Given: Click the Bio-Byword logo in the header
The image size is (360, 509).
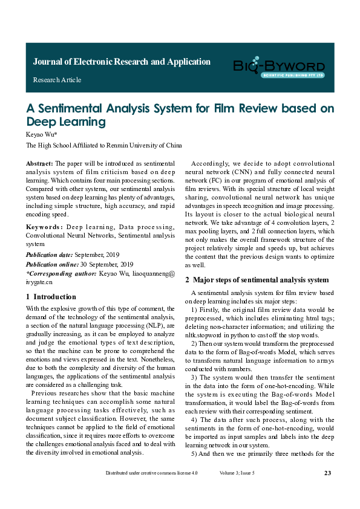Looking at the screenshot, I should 279,67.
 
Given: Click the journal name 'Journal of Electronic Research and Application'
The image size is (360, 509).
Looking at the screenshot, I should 122,62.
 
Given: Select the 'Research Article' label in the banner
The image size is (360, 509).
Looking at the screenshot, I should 57,80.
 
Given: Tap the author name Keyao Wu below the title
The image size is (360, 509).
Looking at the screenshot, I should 41,134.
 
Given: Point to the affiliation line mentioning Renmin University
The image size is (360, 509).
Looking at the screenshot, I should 103,146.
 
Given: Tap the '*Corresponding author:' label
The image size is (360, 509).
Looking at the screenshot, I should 61,273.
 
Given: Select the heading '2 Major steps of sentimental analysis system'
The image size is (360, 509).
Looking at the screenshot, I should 257,280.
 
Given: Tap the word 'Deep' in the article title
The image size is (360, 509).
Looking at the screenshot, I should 41,122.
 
